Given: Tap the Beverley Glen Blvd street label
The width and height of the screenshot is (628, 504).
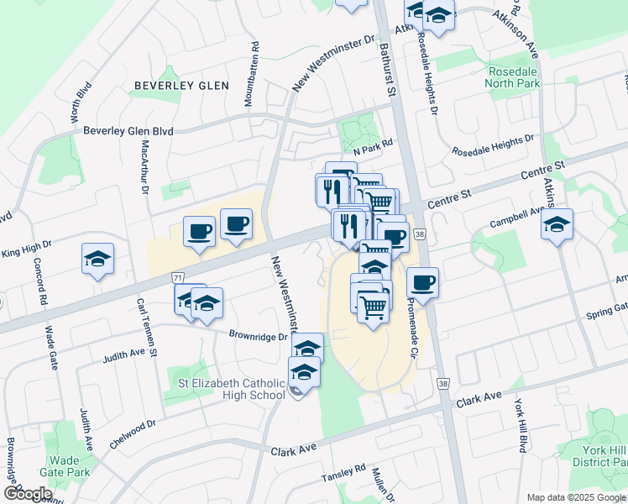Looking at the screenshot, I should point(128,131).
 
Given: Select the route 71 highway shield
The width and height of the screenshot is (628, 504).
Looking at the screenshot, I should point(176,276).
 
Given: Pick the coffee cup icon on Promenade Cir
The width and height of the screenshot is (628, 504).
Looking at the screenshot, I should point(423,282).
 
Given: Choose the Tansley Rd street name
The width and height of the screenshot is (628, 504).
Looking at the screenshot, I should point(344,473).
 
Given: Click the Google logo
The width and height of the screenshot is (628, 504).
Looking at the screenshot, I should point(27,494).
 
